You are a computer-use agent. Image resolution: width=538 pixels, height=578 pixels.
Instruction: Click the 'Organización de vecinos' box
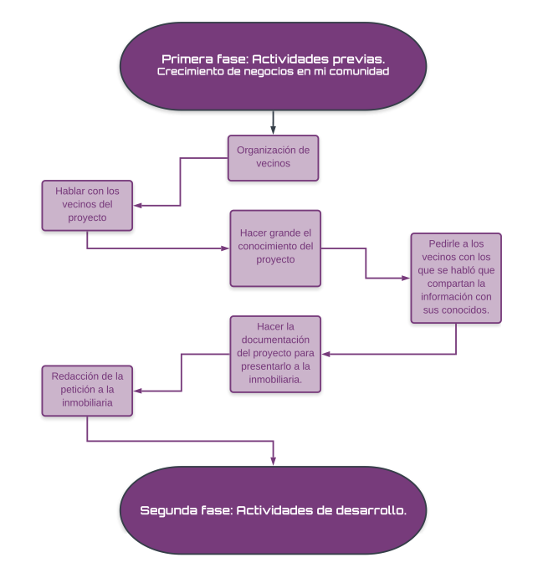(x=273, y=158)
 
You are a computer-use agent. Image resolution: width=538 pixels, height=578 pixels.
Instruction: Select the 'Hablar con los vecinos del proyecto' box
(x=87, y=205)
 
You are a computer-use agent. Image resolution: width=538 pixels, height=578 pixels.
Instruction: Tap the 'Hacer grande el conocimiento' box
(x=275, y=248)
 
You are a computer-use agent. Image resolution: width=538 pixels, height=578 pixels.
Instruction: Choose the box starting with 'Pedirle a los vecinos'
(x=456, y=278)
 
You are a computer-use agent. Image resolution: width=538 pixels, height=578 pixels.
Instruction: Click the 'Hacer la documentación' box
(x=275, y=354)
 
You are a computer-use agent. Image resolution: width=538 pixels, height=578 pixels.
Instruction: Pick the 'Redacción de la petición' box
(x=87, y=391)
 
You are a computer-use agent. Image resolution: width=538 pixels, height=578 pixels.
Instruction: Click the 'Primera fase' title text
(x=273, y=59)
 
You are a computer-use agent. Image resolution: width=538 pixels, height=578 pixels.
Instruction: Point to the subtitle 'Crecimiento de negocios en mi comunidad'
(x=273, y=71)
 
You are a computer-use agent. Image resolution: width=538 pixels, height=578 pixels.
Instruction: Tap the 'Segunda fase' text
(x=273, y=510)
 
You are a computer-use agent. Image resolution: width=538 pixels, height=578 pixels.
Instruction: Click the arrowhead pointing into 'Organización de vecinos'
(x=273, y=130)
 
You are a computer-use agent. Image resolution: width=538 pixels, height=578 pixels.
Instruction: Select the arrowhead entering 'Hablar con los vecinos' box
(x=137, y=205)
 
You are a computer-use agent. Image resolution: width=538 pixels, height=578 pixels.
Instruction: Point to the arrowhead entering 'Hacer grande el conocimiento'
(x=225, y=248)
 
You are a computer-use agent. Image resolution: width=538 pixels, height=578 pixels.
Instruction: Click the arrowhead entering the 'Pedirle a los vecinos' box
(x=406, y=278)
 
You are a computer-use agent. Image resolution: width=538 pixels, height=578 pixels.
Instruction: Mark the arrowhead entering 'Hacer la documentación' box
(x=325, y=354)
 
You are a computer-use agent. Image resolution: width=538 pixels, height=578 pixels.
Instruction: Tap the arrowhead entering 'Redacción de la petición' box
(x=137, y=391)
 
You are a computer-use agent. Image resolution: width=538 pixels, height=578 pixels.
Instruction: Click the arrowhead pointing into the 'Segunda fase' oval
(x=273, y=461)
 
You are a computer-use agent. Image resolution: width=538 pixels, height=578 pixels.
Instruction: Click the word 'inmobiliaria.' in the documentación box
(x=275, y=379)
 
